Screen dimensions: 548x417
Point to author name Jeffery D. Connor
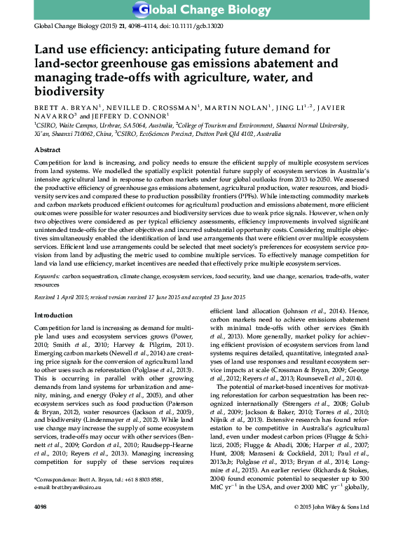click(129, 117)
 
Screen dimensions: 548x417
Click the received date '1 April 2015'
click(76, 297)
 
